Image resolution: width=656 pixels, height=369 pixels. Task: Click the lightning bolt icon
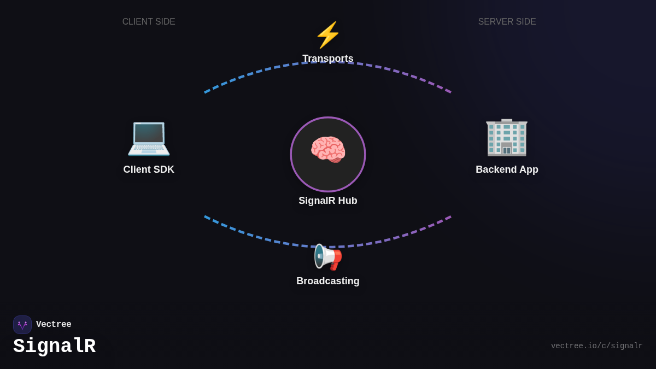[328, 35]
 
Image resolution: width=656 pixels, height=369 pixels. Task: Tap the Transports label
[328, 58]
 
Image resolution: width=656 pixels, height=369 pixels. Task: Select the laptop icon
[149, 138]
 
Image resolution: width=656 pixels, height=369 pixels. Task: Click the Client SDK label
[149, 169]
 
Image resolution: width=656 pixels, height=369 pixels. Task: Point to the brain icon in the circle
[328, 150]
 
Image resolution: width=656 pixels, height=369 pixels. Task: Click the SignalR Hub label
[328, 201]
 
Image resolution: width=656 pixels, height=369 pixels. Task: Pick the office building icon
[507, 137]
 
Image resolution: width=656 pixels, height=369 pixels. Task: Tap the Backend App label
[507, 169]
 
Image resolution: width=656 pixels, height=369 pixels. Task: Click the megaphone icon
[327, 257]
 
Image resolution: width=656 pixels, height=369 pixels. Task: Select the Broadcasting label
[328, 281]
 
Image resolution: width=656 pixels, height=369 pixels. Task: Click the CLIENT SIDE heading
[149, 22]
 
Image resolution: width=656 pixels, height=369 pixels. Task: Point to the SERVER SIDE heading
[507, 22]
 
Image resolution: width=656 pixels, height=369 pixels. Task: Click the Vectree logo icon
[22, 325]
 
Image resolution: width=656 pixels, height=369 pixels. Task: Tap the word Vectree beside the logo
[54, 325]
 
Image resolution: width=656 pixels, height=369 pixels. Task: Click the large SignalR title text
[55, 347]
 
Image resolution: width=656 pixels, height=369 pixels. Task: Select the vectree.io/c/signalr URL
[596, 346]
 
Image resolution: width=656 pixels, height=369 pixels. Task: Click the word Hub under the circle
[347, 201]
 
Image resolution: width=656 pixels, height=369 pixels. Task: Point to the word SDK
[163, 169]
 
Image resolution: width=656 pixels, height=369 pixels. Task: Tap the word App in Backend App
[528, 169]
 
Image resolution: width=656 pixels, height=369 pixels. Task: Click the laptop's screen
[149, 133]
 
